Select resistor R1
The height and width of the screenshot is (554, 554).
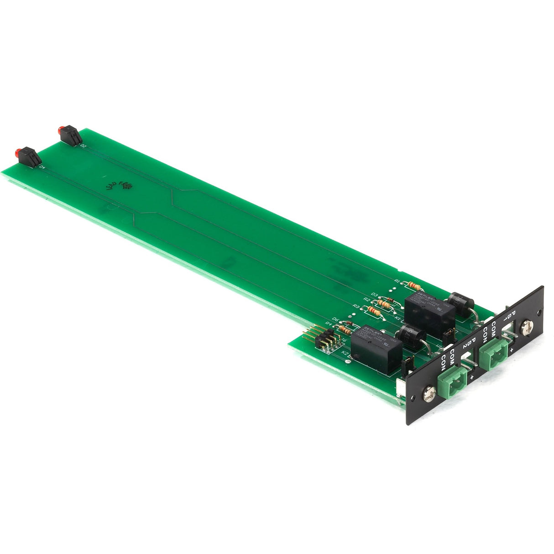coord(414,286)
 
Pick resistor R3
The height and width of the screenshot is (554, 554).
coord(373,311)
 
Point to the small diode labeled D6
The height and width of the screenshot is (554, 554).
coord(347,323)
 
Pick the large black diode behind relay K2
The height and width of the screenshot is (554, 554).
coord(409,338)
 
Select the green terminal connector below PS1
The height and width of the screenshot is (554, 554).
coord(494,354)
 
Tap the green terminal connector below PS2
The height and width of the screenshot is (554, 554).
coord(452,378)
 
